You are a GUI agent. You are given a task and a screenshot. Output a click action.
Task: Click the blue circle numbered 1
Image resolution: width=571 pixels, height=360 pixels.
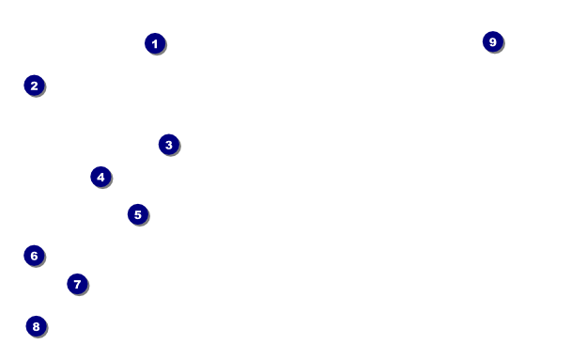click(155, 43)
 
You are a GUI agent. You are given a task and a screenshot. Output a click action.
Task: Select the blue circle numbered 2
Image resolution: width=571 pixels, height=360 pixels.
click(34, 86)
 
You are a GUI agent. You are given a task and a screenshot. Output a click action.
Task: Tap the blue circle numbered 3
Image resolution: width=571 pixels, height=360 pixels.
click(169, 145)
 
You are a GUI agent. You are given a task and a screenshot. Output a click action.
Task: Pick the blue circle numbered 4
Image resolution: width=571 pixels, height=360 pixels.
click(100, 177)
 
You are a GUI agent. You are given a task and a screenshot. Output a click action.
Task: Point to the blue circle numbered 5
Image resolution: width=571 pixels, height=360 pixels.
click(138, 214)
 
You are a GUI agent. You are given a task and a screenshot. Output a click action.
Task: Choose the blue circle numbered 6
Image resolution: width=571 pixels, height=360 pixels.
click(34, 256)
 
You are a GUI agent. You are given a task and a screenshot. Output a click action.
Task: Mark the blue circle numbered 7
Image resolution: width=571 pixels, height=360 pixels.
click(78, 284)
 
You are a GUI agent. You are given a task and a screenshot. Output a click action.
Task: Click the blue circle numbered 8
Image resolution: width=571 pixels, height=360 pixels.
click(37, 326)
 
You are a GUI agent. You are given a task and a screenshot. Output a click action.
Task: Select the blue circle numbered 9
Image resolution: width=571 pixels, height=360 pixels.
click(493, 41)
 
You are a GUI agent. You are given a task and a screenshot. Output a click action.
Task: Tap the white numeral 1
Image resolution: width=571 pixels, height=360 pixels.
click(155, 44)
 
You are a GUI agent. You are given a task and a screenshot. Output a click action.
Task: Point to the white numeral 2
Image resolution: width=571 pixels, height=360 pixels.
click(34, 86)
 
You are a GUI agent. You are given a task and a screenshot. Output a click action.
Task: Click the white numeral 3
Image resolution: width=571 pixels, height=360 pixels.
click(169, 145)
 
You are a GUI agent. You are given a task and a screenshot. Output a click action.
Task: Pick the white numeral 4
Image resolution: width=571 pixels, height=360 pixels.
click(100, 177)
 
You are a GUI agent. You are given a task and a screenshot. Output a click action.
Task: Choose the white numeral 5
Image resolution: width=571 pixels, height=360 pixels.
click(138, 214)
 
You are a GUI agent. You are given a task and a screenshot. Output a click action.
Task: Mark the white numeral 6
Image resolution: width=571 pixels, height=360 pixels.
click(34, 256)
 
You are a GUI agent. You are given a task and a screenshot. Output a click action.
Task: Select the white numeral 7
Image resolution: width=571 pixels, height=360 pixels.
click(77, 284)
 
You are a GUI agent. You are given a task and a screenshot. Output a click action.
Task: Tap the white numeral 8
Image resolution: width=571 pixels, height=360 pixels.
click(36, 326)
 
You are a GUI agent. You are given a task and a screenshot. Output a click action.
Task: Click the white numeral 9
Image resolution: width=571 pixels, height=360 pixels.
click(493, 42)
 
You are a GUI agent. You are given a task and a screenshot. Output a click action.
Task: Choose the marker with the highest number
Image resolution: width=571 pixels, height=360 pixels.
click(493, 41)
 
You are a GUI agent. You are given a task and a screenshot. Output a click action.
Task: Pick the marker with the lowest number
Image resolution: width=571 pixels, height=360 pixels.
click(155, 43)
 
